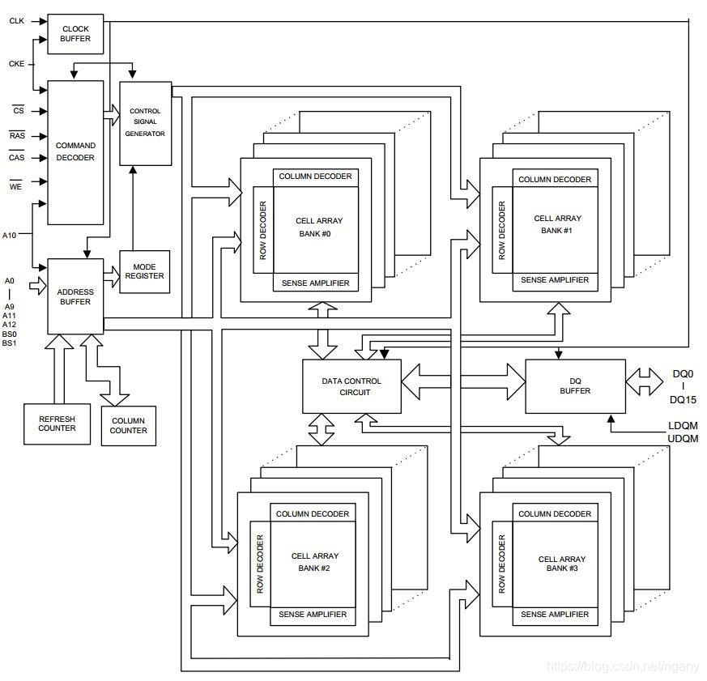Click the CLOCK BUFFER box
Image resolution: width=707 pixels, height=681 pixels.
coord(75,34)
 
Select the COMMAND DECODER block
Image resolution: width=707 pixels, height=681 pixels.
coord(75,152)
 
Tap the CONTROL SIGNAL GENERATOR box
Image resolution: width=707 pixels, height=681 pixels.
coord(146,123)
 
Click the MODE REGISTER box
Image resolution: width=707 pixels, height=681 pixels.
coord(145,271)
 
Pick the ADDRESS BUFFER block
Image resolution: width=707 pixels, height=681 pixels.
coord(75,296)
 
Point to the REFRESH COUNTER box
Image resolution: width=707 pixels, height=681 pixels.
coord(57,423)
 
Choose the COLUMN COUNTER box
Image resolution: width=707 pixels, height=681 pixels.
coord(129,426)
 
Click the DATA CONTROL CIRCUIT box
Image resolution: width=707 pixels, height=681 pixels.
coord(351,386)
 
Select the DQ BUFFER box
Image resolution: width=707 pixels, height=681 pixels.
coord(575,385)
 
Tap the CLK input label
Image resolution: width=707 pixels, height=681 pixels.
coord(16,21)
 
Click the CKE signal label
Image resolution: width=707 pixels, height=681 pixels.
coord(16,63)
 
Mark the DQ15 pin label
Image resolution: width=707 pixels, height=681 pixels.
coord(684,400)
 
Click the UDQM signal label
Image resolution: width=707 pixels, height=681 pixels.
coord(683,438)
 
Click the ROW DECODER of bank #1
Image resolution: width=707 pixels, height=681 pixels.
coord(501,229)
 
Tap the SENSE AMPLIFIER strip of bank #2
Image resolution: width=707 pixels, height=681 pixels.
coord(313,615)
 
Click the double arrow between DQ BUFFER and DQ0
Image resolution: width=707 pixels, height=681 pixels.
coord(645,381)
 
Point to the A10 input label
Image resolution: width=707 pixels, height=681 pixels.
coord(10,235)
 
